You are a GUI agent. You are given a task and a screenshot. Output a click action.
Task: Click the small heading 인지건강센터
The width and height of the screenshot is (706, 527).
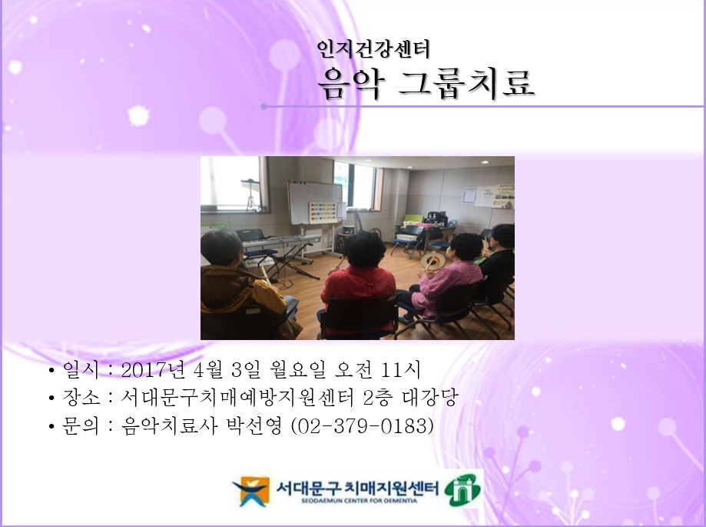coord(373,50)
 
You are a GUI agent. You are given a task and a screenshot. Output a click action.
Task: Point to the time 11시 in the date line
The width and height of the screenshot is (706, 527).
coord(399,372)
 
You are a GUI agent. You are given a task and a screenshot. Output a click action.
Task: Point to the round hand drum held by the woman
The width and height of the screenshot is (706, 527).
coord(434,263)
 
